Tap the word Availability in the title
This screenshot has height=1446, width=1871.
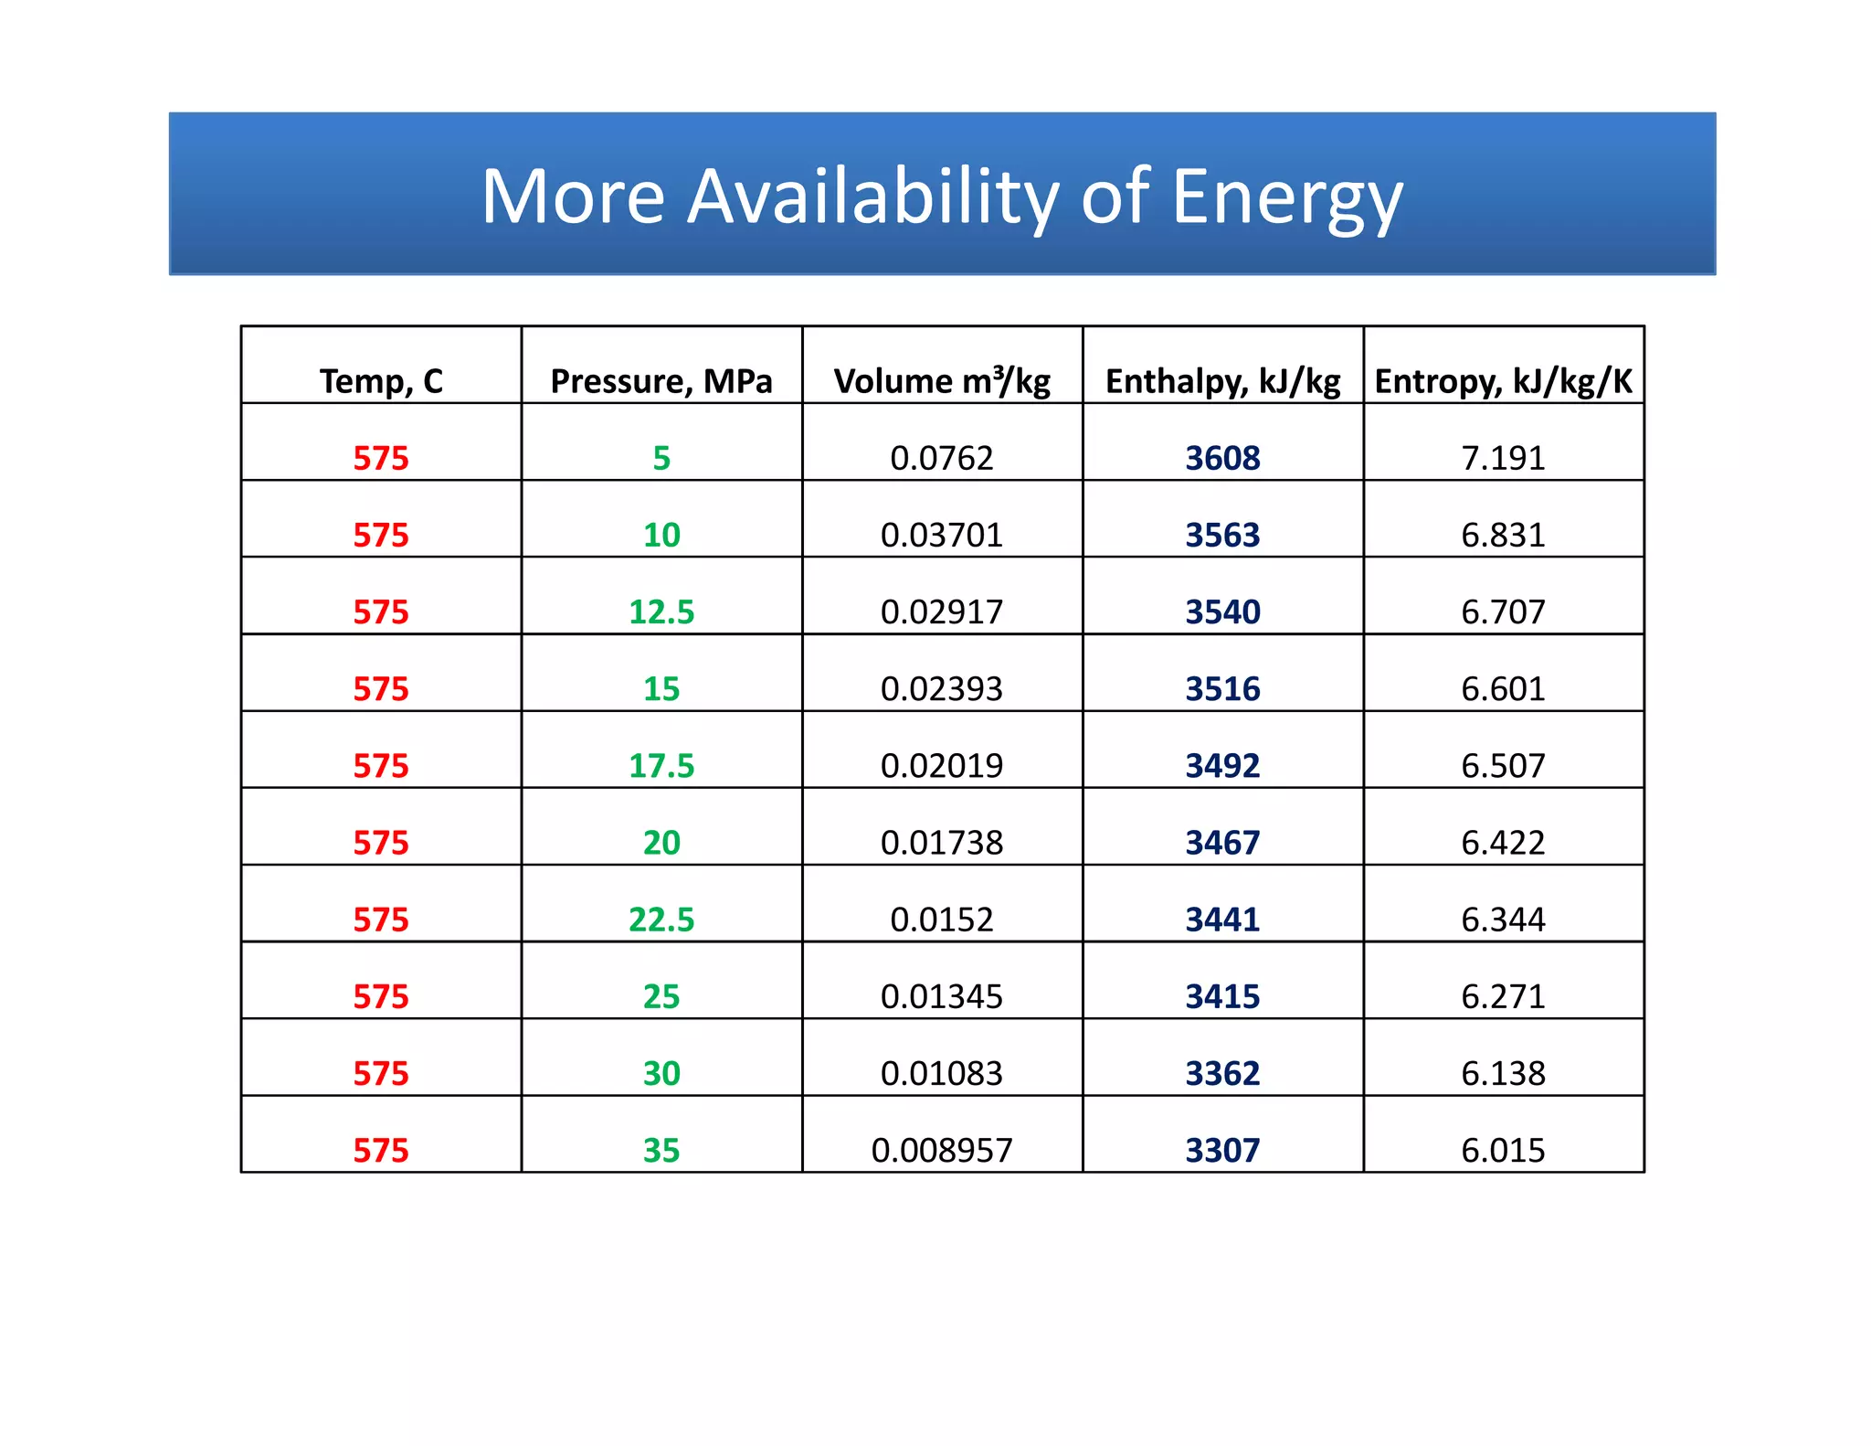tap(872, 197)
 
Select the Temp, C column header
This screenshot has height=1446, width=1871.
tap(381, 381)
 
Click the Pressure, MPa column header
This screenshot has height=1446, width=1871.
tap(661, 381)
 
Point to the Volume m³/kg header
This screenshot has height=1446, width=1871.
tap(942, 381)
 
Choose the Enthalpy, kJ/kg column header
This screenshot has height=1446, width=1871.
tap(1222, 381)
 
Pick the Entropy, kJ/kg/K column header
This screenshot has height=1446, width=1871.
tap(1503, 381)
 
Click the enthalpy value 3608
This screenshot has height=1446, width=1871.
tap(1222, 458)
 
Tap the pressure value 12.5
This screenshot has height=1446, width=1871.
tap(661, 611)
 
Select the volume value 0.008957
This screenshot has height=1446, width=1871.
tap(942, 1150)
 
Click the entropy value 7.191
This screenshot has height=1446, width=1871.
tap(1503, 458)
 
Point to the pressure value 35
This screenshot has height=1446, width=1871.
tap(661, 1150)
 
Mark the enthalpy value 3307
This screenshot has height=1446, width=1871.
tap(1222, 1150)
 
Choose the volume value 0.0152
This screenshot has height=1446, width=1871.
tap(942, 920)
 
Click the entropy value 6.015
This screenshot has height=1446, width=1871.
tap(1503, 1150)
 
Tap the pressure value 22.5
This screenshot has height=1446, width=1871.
tap(661, 920)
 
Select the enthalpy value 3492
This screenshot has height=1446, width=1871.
tap(1222, 766)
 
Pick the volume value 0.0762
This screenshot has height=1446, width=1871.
tap(942, 458)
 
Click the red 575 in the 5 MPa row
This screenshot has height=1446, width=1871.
tap(381, 458)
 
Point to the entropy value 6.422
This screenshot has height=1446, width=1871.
tap(1503, 843)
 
